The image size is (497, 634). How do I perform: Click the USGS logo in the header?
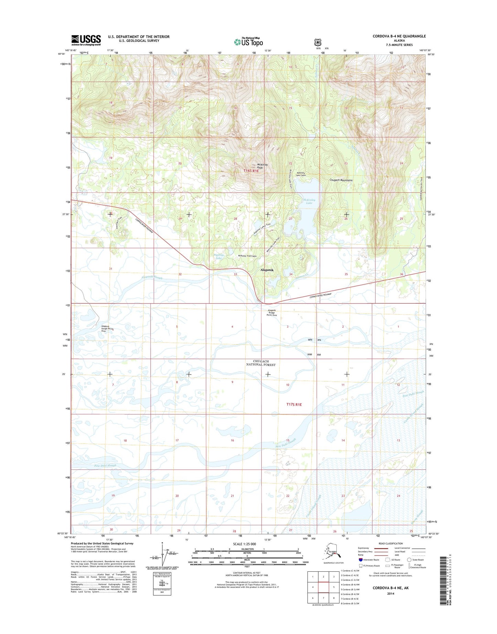(86, 40)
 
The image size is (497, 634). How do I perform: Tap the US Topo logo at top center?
(248, 42)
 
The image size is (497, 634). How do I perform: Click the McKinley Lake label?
(309, 201)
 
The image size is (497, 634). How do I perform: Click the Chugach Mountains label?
(341, 180)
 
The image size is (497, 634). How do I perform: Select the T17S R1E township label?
(294, 404)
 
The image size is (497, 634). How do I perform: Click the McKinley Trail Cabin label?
(247, 256)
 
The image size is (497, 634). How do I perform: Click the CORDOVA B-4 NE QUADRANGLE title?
(399, 36)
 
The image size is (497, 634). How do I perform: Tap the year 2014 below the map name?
(390, 594)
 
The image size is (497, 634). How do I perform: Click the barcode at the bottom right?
(443, 585)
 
